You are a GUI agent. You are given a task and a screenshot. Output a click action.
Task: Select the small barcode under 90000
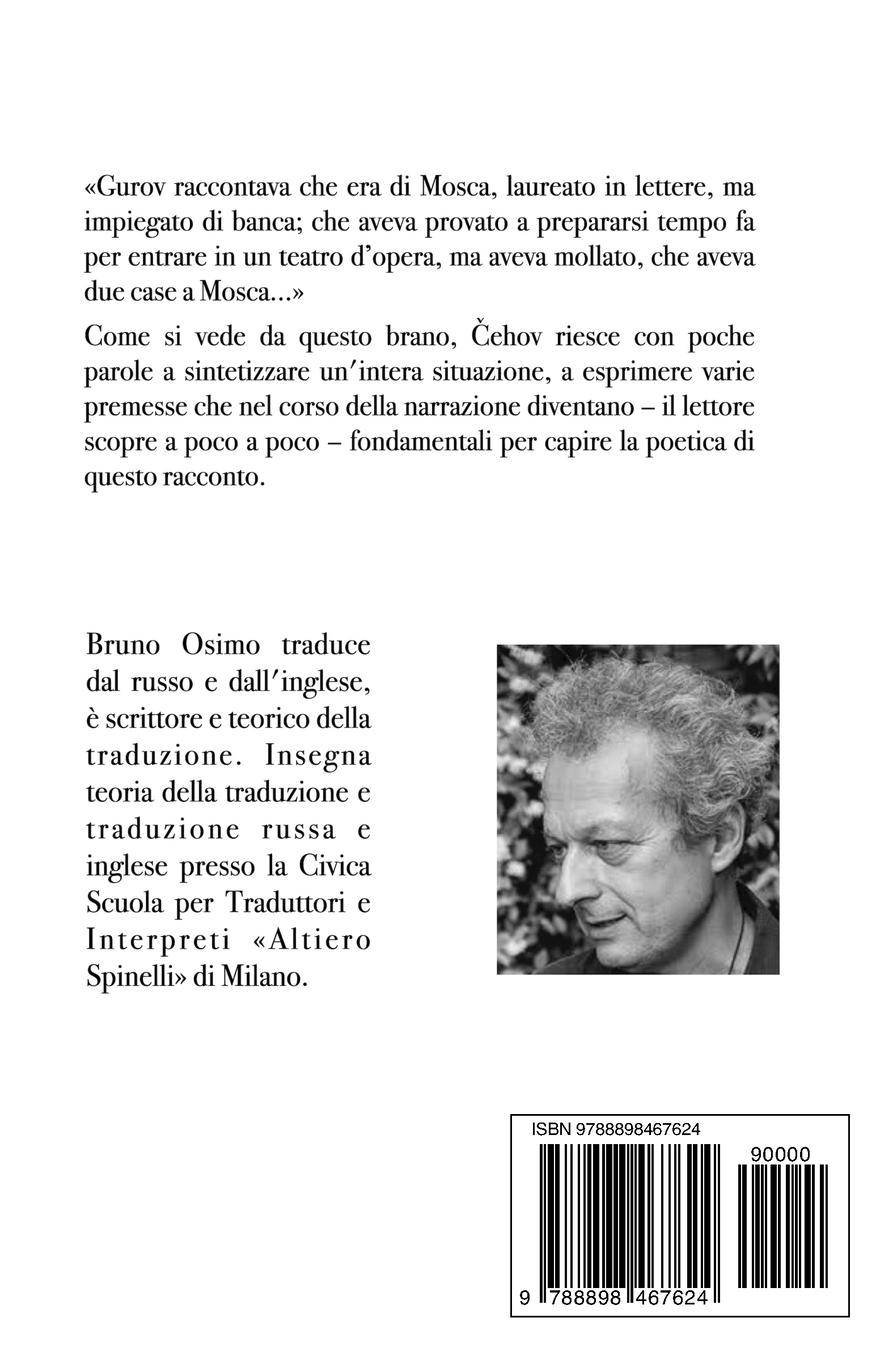pyautogui.click(x=783, y=1226)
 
